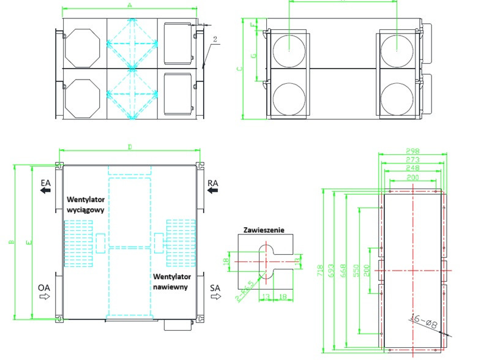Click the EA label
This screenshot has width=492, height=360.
pyautogui.click(x=45, y=182)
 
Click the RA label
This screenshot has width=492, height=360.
pyautogui.click(x=214, y=182)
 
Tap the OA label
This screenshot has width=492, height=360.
pyautogui.click(x=43, y=287)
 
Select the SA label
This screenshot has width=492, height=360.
pyautogui.click(x=215, y=287)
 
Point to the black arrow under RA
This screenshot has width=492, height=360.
pyautogui.click(x=213, y=191)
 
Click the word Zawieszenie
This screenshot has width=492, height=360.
pyautogui.click(x=264, y=231)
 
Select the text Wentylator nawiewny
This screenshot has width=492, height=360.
pyautogui.click(x=170, y=281)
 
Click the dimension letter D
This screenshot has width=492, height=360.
pyautogui.click(x=130, y=147)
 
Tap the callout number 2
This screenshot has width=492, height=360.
pyautogui.click(x=216, y=39)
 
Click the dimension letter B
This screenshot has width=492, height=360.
pyautogui.click(x=10, y=242)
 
